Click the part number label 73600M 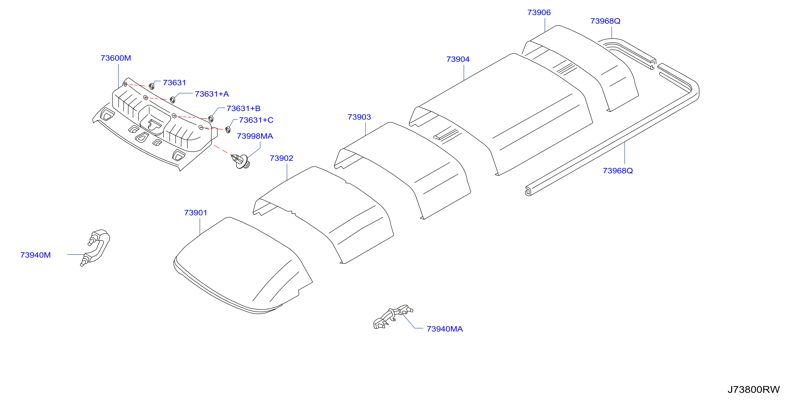pyautogui.click(x=116, y=58)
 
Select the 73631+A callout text pyautogui.click(x=212, y=94)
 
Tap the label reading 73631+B pyautogui.click(x=243, y=109)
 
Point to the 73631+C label pyautogui.click(x=256, y=120)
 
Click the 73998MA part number pyautogui.click(x=255, y=136)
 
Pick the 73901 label pyautogui.click(x=195, y=213)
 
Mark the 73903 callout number pyautogui.click(x=359, y=117)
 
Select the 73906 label pyautogui.click(x=539, y=12)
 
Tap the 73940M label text pyautogui.click(x=35, y=255)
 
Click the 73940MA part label pyautogui.click(x=444, y=329)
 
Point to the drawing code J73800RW pyautogui.click(x=753, y=390)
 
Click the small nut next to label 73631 pyautogui.click(x=152, y=86)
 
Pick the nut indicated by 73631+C pyautogui.click(x=228, y=130)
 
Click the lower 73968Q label pyautogui.click(x=617, y=171)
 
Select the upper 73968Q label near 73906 pyautogui.click(x=605, y=21)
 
